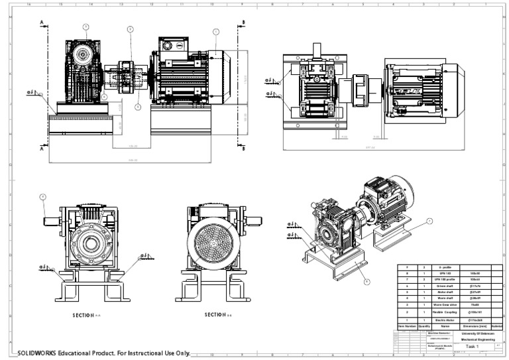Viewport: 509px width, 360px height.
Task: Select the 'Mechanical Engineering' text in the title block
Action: (x=473, y=339)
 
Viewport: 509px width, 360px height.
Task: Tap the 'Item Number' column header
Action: (x=406, y=326)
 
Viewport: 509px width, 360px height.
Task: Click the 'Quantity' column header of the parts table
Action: (x=425, y=326)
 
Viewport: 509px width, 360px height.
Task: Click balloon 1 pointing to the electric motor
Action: (x=215, y=31)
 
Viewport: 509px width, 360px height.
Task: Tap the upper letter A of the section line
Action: (x=42, y=23)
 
